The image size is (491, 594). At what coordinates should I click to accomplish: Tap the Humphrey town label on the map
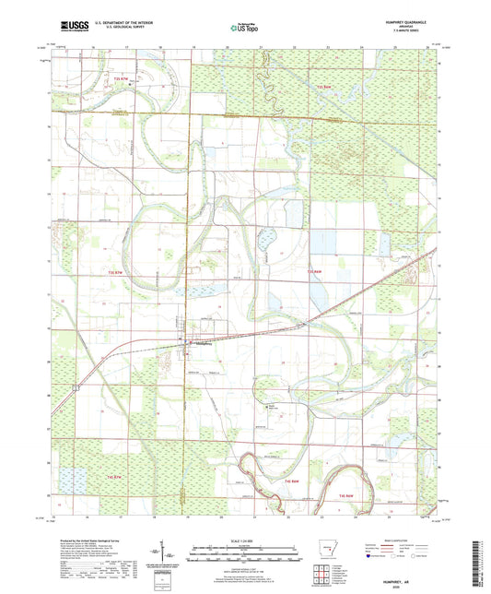point(202,348)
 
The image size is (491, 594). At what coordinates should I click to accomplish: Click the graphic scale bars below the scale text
point(244,550)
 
